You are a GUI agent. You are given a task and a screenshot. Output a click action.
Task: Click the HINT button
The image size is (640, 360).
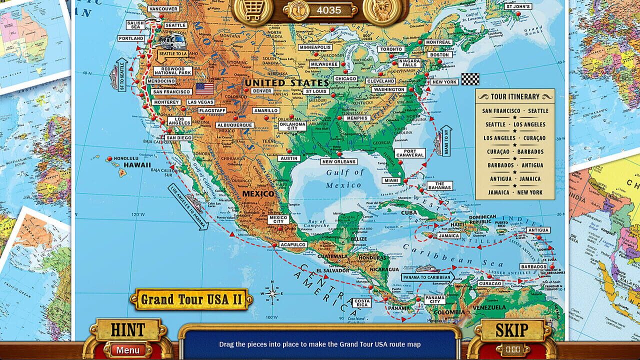127,330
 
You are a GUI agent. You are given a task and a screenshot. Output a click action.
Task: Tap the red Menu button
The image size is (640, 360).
127,350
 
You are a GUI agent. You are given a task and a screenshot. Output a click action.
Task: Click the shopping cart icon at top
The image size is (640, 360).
253,10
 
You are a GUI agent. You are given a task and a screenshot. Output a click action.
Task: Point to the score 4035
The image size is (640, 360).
328,10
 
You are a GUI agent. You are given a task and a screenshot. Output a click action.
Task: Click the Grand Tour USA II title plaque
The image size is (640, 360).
191,299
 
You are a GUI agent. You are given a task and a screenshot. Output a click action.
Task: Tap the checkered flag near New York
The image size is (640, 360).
469,79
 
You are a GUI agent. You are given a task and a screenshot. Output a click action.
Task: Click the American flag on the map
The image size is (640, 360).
204,88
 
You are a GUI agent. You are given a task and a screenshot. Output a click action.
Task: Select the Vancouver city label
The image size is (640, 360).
163,9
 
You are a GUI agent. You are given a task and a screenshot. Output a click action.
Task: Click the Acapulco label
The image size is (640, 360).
293,244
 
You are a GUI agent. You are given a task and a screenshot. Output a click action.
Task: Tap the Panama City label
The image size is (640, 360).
434,299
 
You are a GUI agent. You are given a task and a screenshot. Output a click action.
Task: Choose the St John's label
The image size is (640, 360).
517,6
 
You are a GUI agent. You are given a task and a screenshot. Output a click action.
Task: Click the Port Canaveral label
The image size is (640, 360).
410,153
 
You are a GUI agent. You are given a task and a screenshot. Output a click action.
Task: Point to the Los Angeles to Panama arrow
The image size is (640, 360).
187,206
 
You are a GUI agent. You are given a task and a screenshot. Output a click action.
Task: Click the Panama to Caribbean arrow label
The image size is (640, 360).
427,277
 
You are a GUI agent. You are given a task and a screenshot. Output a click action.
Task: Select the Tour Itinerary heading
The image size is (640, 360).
514,96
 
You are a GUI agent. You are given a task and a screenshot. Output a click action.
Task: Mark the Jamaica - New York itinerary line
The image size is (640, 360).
514,192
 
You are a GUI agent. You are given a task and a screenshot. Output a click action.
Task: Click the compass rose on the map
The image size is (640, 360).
272,293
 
